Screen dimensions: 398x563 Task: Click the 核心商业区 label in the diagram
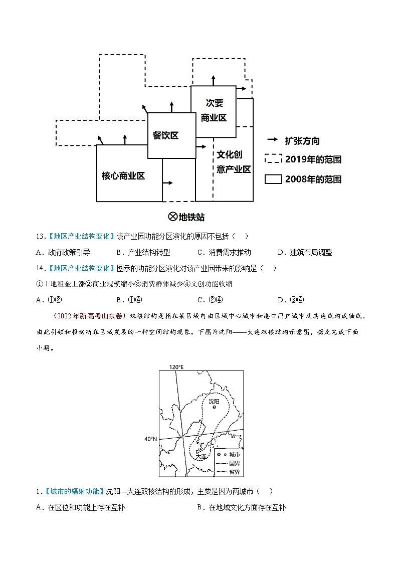(x=123, y=175)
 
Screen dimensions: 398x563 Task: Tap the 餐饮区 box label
(x=166, y=135)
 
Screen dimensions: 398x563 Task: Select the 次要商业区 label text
(x=214, y=110)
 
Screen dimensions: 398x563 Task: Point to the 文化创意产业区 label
(x=234, y=162)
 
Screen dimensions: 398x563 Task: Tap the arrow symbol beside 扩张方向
(x=273, y=140)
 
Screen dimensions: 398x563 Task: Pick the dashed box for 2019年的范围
(x=273, y=159)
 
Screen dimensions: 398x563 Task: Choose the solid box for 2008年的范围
(x=273, y=179)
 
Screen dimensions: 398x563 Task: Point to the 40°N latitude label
(x=150, y=439)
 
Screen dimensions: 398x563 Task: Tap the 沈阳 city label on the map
(x=214, y=401)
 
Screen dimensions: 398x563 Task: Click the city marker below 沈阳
(x=214, y=407)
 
